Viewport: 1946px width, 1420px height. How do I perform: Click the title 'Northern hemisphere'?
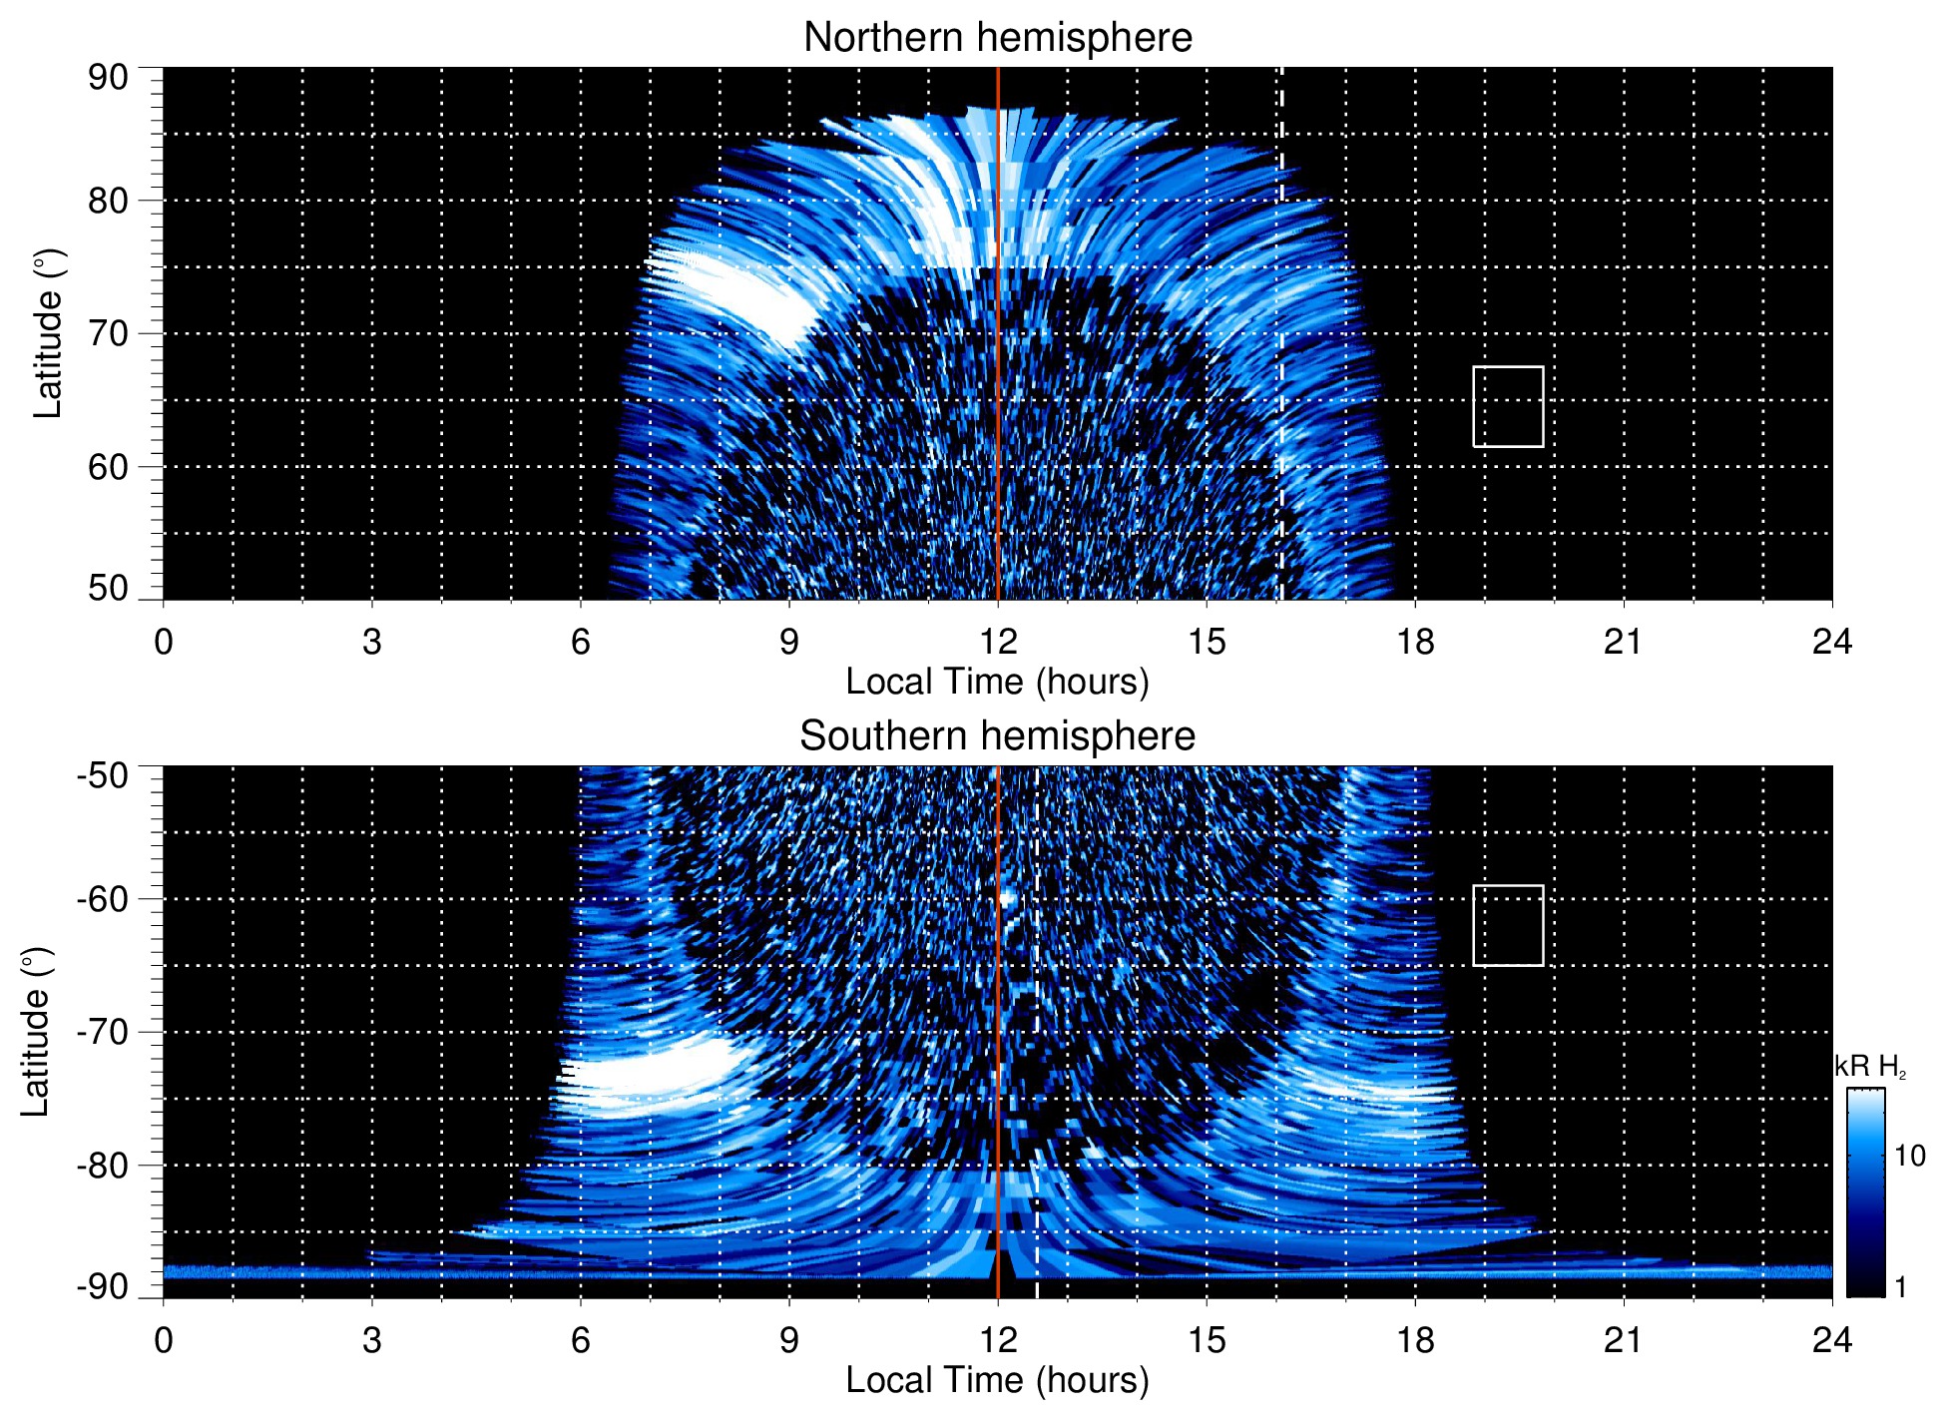coord(997,38)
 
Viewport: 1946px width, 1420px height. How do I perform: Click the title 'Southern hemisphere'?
coord(997,736)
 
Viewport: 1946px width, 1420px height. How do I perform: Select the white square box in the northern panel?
coord(1508,406)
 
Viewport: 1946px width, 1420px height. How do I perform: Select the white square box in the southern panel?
coord(1508,925)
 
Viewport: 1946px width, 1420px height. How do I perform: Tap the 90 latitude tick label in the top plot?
coord(108,78)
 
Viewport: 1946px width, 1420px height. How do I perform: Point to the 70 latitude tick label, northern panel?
coord(108,333)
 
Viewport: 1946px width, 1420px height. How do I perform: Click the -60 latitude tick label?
coord(103,899)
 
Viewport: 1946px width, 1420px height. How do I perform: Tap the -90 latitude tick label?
coord(103,1286)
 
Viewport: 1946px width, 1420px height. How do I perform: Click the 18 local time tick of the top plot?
coord(1415,641)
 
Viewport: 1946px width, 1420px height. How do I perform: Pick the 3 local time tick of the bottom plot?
coord(372,1339)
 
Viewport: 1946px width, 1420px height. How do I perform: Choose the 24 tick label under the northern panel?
coord(1831,641)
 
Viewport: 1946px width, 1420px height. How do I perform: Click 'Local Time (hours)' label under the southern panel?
coord(997,1380)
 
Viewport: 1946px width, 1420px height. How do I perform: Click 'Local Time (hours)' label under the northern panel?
coord(997,682)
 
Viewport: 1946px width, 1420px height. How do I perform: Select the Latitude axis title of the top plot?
coord(47,333)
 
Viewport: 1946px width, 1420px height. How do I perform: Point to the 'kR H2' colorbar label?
coord(1870,1067)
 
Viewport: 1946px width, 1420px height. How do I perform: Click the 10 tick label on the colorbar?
coord(1909,1156)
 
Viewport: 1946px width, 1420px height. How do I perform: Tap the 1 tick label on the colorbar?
coord(1900,1287)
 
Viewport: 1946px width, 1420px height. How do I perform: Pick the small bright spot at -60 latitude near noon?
coord(1006,897)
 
